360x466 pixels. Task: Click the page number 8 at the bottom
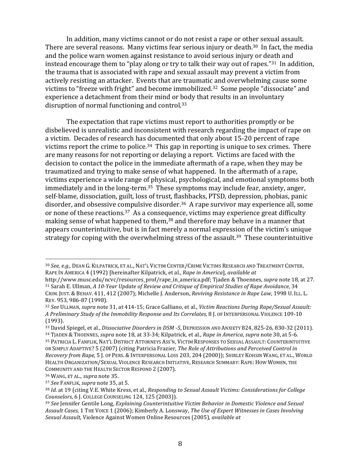(x=180, y=444)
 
